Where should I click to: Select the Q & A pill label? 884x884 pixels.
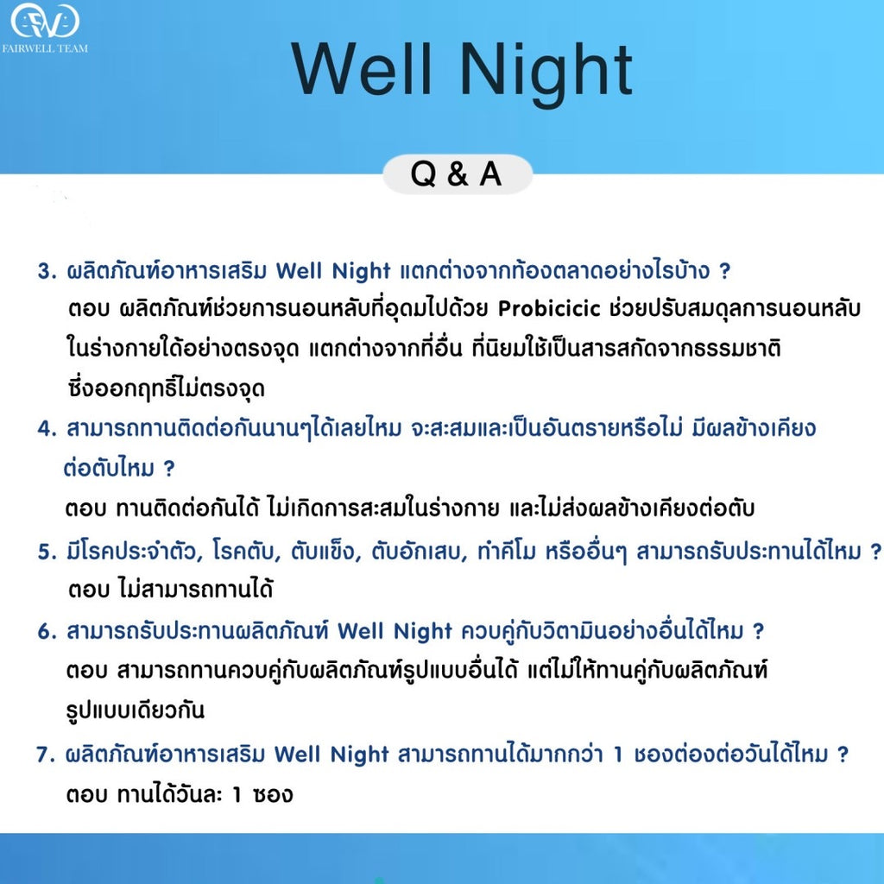(x=457, y=174)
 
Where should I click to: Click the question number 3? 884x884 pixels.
(x=46, y=272)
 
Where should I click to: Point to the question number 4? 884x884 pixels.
(x=46, y=429)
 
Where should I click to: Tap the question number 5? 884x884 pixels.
(x=46, y=552)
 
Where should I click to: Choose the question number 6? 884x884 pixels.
(x=46, y=632)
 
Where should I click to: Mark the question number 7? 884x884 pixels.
(x=46, y=755)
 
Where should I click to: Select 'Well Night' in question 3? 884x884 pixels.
(x=333, y=271)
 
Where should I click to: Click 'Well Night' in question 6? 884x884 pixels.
(x=395, y=632)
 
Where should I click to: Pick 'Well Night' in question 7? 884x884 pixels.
(x=331, y=755)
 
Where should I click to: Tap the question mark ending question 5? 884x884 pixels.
(x=875, y=552)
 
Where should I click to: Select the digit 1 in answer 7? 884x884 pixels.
(x=237, y=794)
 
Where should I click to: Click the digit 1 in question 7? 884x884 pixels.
(x=617, y=755)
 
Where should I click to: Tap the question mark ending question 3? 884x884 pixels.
(x=724, y=271)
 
